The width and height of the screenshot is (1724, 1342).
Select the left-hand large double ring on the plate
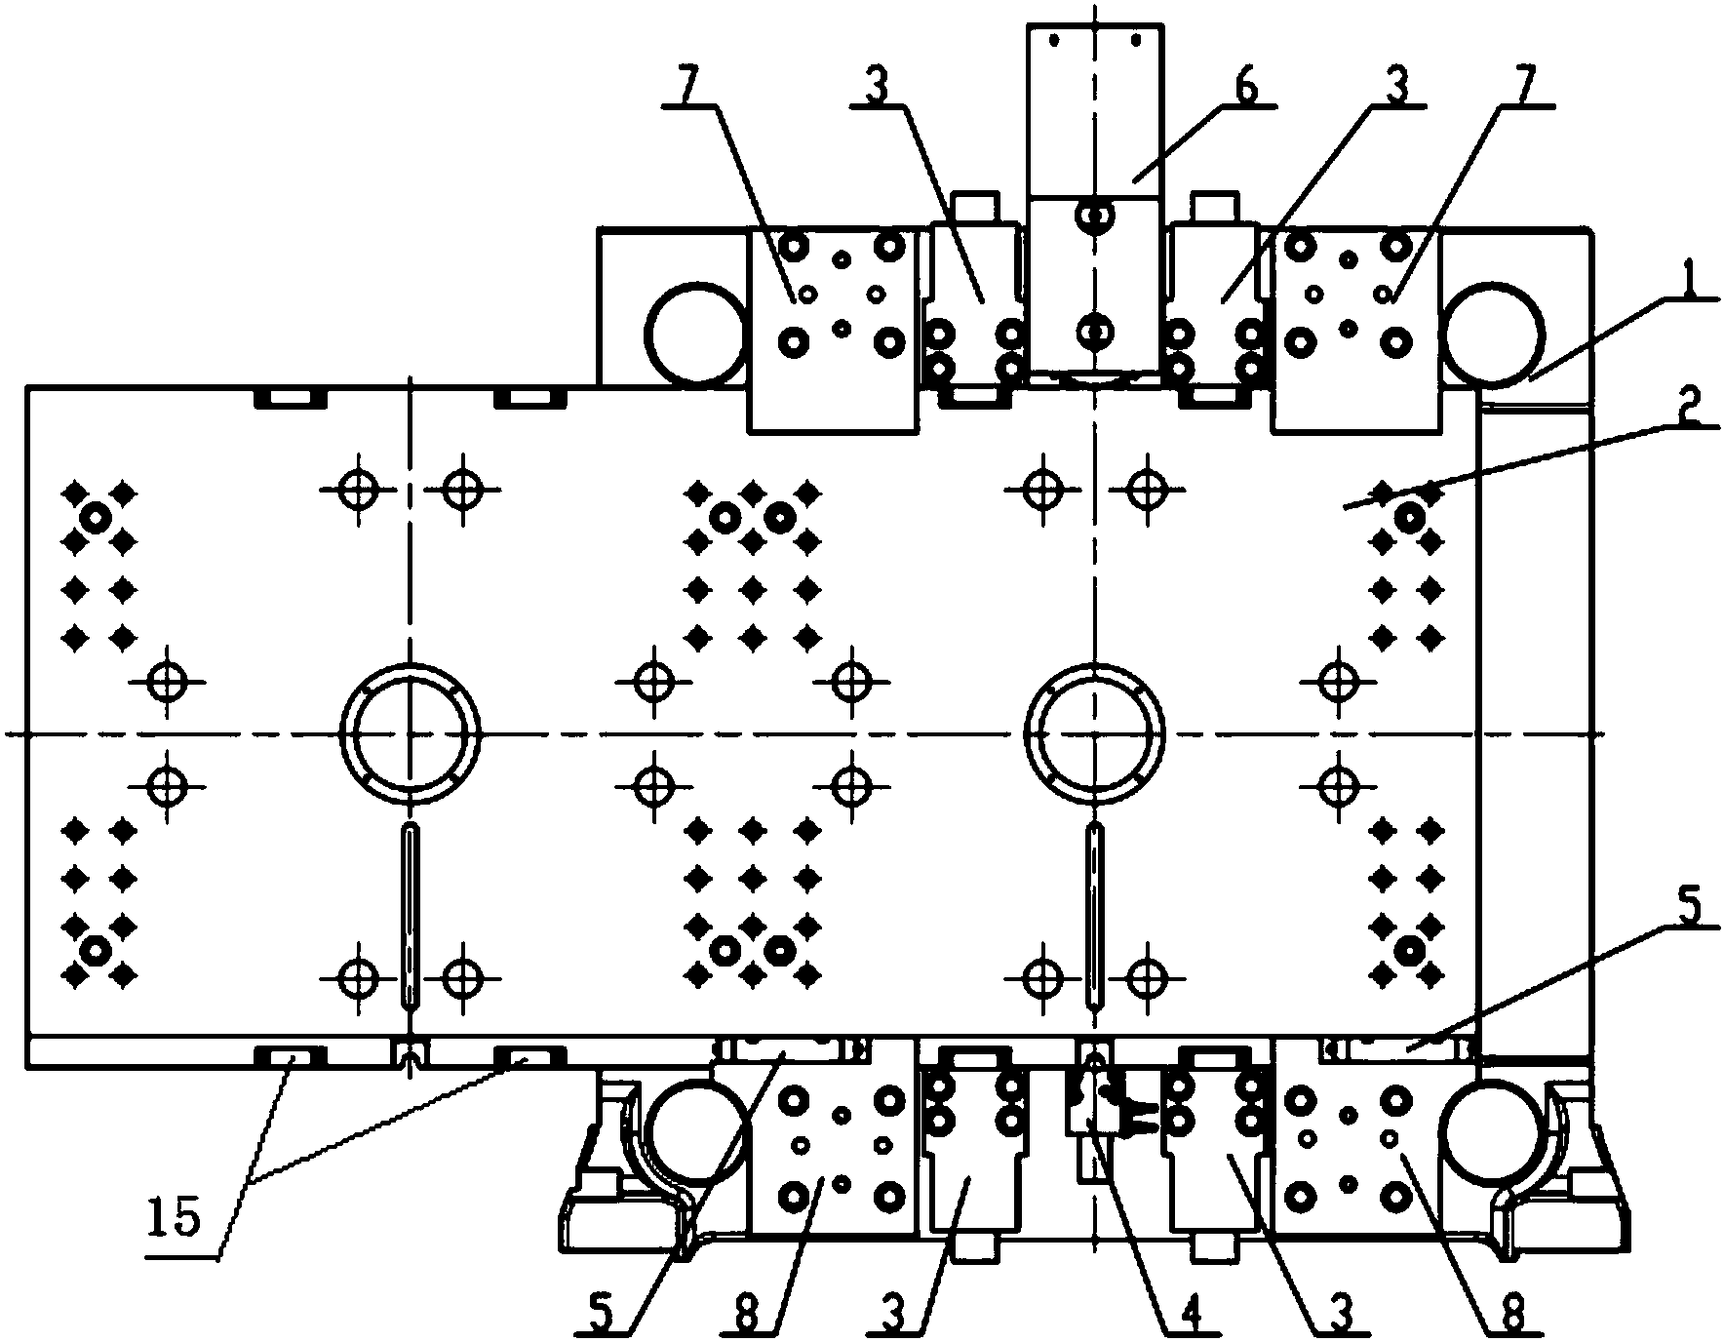(411, 732)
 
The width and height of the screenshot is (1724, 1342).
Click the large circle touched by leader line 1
(1494, 334)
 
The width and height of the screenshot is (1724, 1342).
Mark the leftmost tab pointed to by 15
(290, 1056)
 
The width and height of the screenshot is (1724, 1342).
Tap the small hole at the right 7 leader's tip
(1383, 293)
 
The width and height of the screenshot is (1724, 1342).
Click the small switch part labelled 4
(1094, 1112)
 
